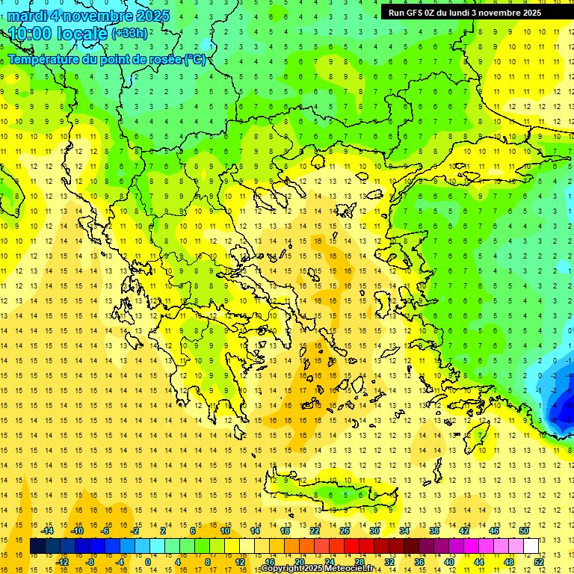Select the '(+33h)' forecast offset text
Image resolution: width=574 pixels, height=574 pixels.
[x=129, y=34]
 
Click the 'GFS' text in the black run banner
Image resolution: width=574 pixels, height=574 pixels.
[x=418, y=13]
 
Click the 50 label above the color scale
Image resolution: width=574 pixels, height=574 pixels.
[x=523, y=531]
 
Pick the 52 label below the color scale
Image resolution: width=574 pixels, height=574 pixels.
[x=538, y=562]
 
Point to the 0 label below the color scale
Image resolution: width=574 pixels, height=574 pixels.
[x=149, y=562]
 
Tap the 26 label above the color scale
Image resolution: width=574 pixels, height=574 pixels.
[x=345, y=531]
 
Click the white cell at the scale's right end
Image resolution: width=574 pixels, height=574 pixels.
[x=531, y=546]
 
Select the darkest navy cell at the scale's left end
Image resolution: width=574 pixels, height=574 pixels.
[x=37, y=546]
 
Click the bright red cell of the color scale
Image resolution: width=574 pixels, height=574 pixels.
[x=351, y=546]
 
